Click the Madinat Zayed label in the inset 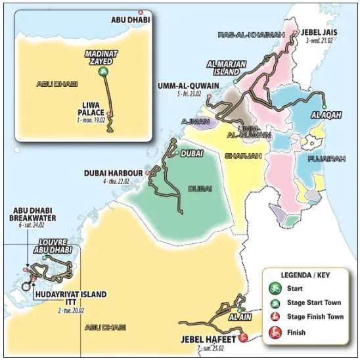[99, 57]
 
